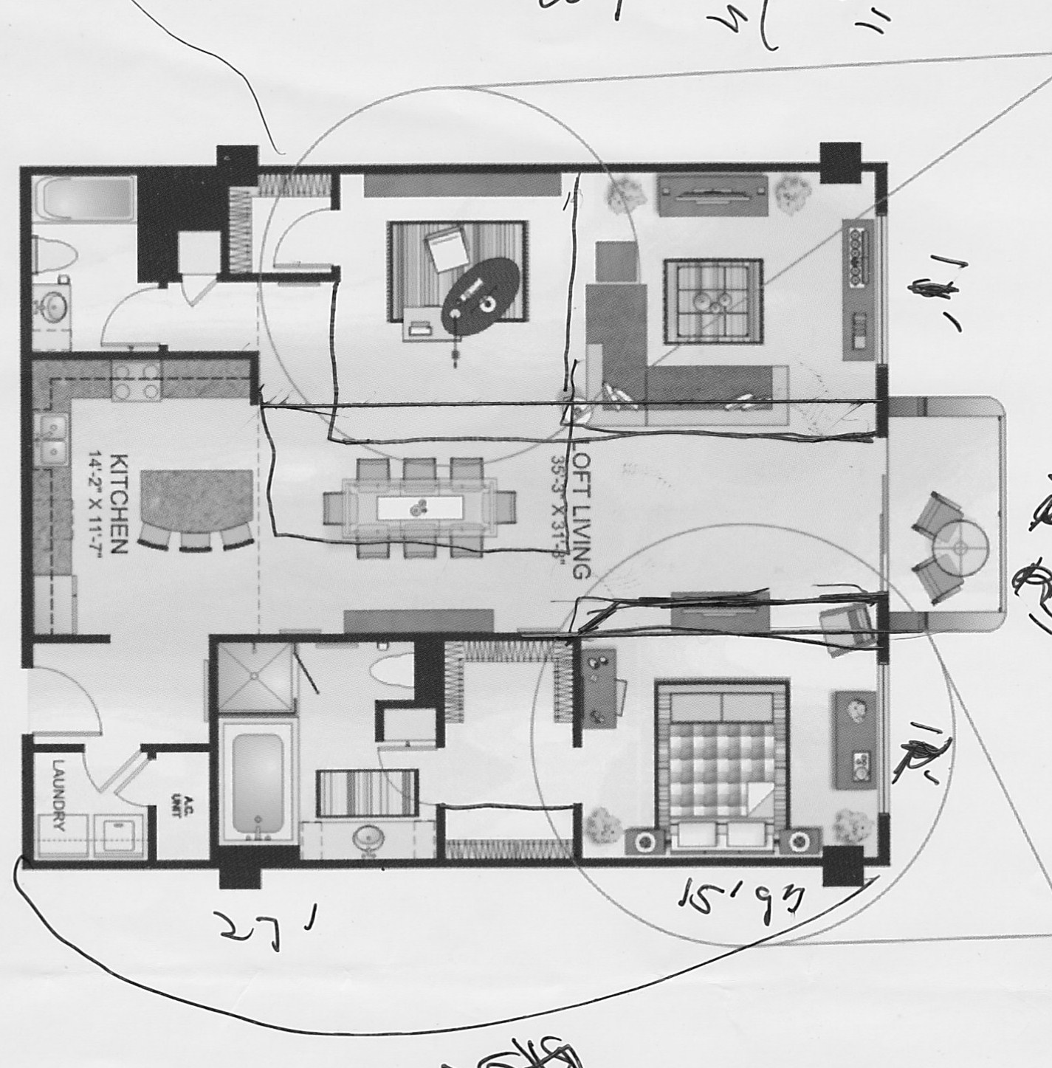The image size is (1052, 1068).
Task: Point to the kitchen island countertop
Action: click(x=195, y=499)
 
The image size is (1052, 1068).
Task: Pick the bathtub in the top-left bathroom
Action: click(x=86, y=196)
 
